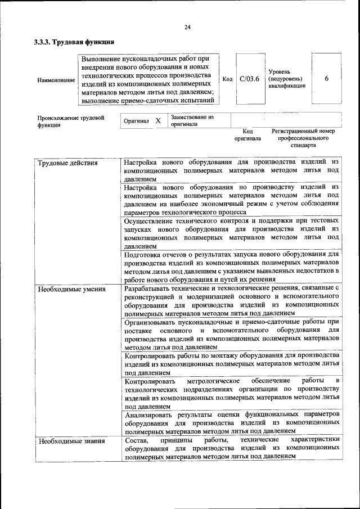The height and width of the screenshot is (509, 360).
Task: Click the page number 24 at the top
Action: point(187,28)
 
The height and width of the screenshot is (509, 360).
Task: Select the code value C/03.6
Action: point(249,79)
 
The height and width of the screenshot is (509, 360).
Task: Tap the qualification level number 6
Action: point(327,79)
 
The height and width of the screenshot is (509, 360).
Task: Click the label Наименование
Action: point(56,80)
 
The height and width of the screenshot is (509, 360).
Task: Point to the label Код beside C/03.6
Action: point(227,79)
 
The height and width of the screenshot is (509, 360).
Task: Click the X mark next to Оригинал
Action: point(158,121)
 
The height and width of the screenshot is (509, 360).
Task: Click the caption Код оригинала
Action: point(247,134)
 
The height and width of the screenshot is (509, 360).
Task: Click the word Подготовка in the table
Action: point(145,255)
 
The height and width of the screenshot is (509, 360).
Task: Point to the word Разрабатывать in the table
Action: point(150,288)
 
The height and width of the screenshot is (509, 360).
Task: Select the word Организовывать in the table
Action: point(153,322)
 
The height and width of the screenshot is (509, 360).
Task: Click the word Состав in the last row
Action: point(136,440)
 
